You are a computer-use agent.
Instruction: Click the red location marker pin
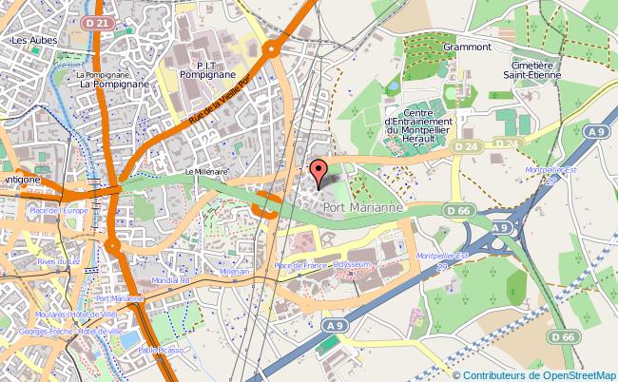pyautogui.click(x=319, y=172)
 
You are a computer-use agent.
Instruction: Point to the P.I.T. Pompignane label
pyautogui.click(x=194, y=64)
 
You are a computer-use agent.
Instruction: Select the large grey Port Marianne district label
pyautogui.click(x=362, y=205)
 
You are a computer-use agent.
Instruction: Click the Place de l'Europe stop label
pyautogui.click(x=59, y=209)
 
